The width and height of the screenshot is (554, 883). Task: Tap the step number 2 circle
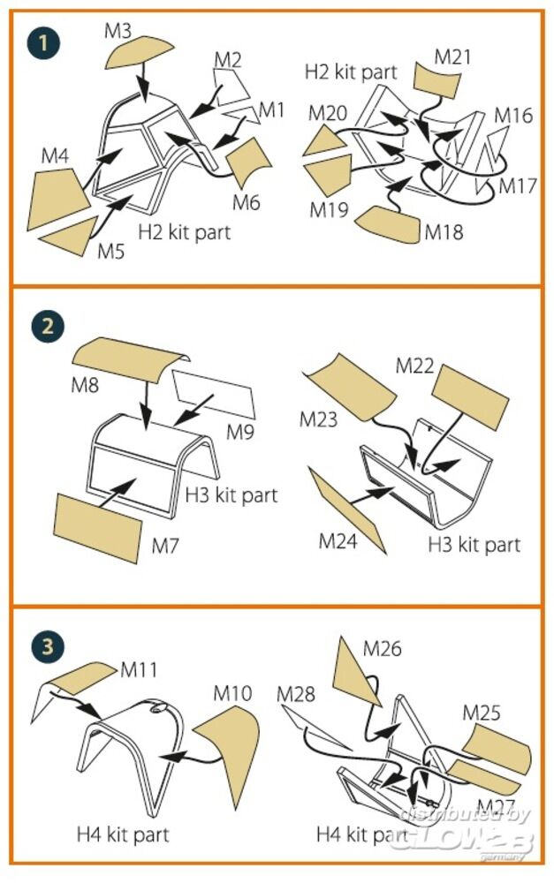(47, 326)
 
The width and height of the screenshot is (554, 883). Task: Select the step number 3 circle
(47, 646)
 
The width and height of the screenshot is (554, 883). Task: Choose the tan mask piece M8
(129, 358)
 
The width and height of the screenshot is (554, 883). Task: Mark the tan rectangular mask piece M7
(98, 525)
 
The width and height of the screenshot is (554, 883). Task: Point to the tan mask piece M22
(469, 392)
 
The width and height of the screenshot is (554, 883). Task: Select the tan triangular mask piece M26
(358, 671)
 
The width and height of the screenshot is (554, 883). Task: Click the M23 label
(319, 419)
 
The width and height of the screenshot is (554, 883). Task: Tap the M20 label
(327, 113)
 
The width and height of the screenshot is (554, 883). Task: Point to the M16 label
(512, 115)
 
